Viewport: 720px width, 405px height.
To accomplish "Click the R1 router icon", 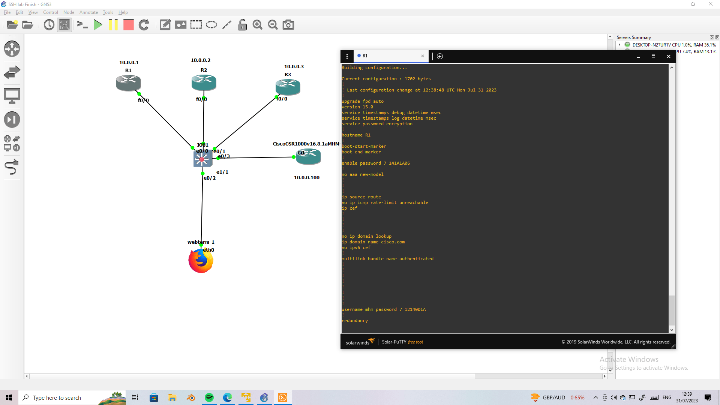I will click(x=128, y=83).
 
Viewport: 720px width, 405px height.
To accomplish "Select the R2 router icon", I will click(x=204, y=82).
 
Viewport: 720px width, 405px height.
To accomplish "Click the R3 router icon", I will click(x=288, y=87).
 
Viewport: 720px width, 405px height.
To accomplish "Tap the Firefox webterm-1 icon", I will click(x=201, y=261).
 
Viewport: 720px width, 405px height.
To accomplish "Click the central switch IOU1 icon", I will click(x=202, y=159).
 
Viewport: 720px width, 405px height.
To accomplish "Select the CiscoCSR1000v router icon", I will click(x=308, y=157).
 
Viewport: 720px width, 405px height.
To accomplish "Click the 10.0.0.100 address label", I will click(x=306, y=178).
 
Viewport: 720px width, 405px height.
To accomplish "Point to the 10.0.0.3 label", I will click(x=294, y=67).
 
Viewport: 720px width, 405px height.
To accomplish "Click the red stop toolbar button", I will click(x=128, y=25).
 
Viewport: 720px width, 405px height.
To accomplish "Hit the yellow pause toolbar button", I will click(x=113, y=25).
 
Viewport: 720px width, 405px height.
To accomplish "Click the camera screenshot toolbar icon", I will click(x=288, y=25).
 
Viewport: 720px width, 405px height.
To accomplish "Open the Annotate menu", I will click(x=88, y=12).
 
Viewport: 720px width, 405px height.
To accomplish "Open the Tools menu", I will click(x=108, y=12).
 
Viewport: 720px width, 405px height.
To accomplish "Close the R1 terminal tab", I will click(x=422, y=56).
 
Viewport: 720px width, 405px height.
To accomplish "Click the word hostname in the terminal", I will click(x=352, y=135).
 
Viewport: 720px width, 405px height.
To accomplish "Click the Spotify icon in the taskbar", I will click(x=209, y=397).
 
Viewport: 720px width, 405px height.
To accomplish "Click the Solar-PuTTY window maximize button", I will click(x=653, y=56).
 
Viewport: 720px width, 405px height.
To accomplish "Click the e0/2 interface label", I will click(x=210, y=178).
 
